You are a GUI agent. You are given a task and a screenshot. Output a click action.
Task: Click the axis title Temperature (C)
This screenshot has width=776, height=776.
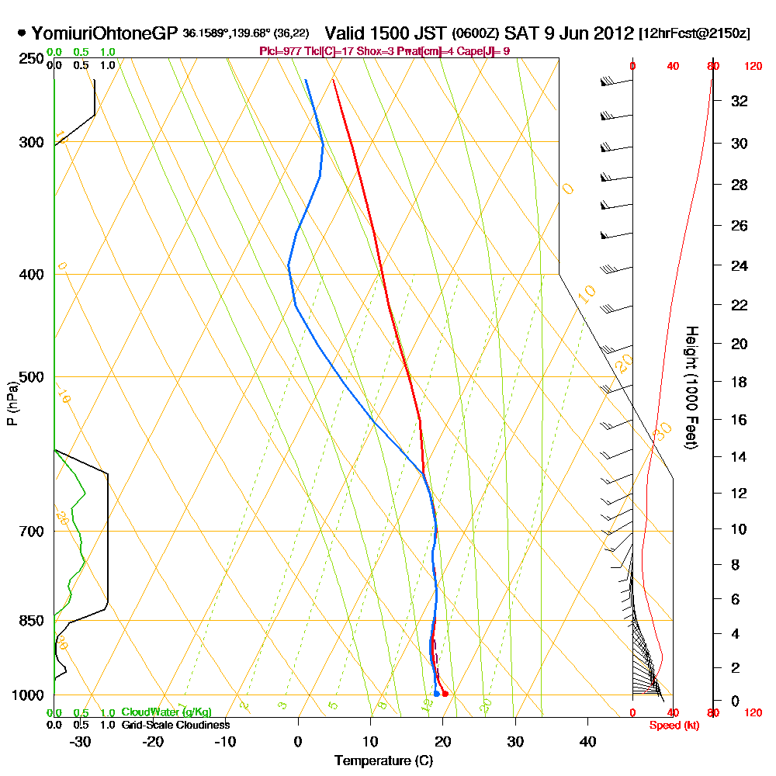click(383, 760)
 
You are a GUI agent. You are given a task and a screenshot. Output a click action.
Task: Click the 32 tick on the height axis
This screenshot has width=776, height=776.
click(739, 101)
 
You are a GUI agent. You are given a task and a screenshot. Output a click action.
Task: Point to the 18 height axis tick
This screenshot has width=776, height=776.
click(739, 382)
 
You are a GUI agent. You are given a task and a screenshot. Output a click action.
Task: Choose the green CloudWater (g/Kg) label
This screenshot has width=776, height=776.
click(166, 712)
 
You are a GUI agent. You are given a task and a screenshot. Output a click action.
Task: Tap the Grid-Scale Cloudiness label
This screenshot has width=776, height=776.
click(175, 725)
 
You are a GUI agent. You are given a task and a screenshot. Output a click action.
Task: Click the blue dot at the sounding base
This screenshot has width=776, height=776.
click(437, 694)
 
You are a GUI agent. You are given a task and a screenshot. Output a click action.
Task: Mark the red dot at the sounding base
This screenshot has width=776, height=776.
click(445, 694)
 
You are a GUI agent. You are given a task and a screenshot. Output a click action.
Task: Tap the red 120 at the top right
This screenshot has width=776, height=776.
click(752, 67)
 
